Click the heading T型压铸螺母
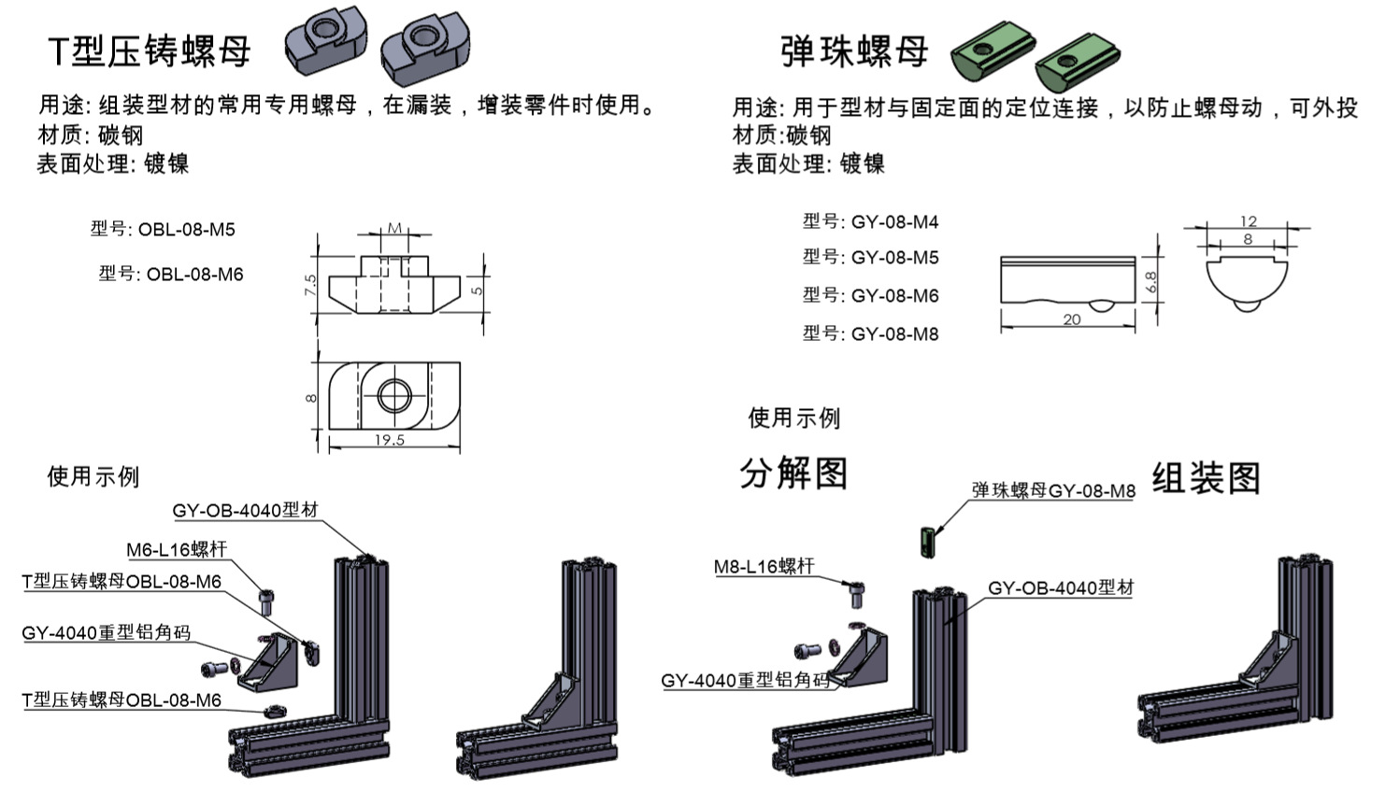(x=150, y=50)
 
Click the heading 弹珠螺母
(x=854, y=50)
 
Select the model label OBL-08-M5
(x=187, y=230)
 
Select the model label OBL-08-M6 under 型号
(x=194, y=275)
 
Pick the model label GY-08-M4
(x=894, y=222)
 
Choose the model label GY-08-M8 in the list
(x=894, y=334)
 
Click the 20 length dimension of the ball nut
(x=1072, y=319)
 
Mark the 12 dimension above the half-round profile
(x=1249, y=221)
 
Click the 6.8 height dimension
(x=1150, y=281)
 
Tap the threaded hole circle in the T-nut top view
(x=393, y=397)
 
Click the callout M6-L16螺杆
(x=177, y=549)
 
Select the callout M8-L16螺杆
(x=764, y=566)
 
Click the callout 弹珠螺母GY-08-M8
(x=1053, y=490)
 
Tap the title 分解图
(x=793, y=474)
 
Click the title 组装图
(x=1207, y=478)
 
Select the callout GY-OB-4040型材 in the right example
(x=1061, y=588)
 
